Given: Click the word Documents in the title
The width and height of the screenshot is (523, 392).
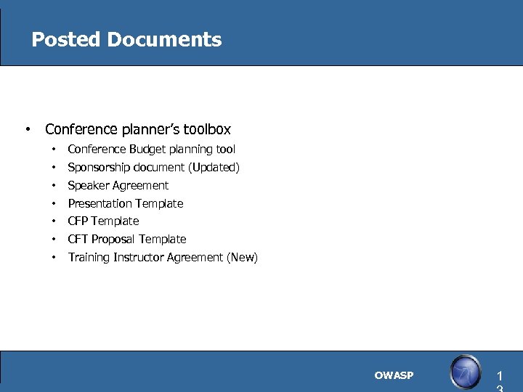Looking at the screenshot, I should (163, 39).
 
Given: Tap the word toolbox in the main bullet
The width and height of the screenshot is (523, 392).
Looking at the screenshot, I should (206, 130).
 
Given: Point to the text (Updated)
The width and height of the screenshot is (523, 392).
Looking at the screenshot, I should (214, 168).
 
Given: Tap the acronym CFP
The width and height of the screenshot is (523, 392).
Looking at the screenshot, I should (78, 221).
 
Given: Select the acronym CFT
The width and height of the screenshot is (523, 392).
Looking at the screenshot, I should (78, 240).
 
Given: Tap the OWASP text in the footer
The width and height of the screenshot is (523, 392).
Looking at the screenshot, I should (394, 375).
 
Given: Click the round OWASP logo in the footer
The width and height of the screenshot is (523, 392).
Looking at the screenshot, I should (465, 373).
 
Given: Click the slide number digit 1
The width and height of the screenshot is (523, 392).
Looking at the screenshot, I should (499, 377).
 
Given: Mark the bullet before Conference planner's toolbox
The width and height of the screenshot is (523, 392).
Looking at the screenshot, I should (27, 130).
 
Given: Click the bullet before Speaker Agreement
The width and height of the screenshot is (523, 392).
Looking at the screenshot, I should (54, 186).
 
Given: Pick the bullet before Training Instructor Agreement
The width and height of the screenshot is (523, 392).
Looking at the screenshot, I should (54, 258).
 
